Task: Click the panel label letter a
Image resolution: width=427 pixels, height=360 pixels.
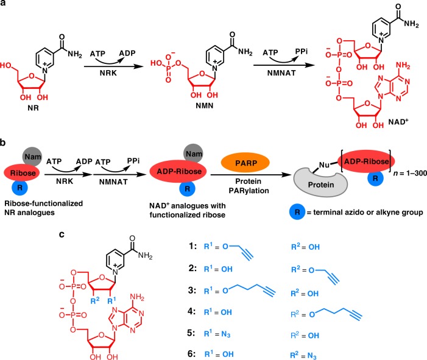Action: coord(4,5)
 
